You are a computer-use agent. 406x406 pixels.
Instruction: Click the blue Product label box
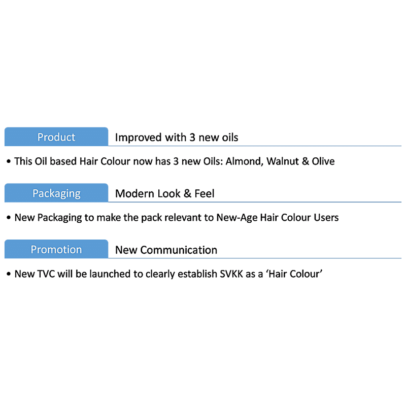[x=56, y=137]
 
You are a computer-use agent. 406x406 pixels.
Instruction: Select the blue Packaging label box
[x=56, y=193]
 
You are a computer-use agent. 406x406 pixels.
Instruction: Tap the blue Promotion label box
[x=56, y=250]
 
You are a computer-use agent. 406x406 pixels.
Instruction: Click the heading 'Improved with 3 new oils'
[x=177, y=138]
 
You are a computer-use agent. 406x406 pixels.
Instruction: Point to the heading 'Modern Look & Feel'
[x=165, y=193]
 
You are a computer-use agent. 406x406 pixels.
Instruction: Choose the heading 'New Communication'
[x=166, y=250]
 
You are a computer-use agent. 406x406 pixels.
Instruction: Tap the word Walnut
[x=284, y=161]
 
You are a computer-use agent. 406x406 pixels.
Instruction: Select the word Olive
[x=323, y=161]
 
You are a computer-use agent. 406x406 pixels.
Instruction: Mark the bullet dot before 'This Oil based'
[x=9, y=162]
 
